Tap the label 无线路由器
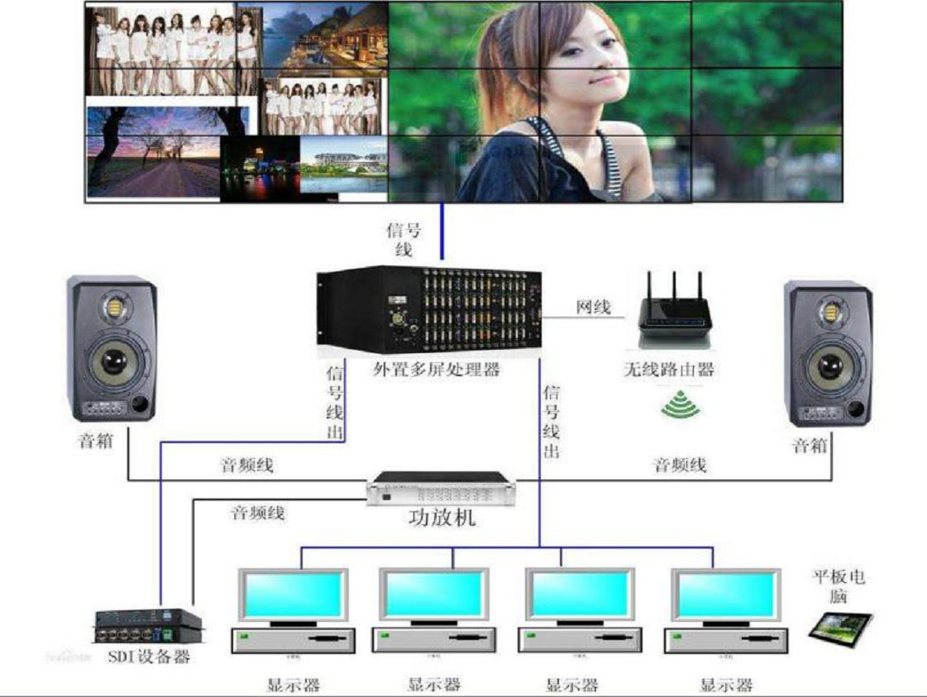tap(668, 370)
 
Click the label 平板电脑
tap(839, 586)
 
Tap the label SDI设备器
tap(149, 657)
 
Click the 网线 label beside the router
tap(593, 308)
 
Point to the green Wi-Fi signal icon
tap(680, 406)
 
